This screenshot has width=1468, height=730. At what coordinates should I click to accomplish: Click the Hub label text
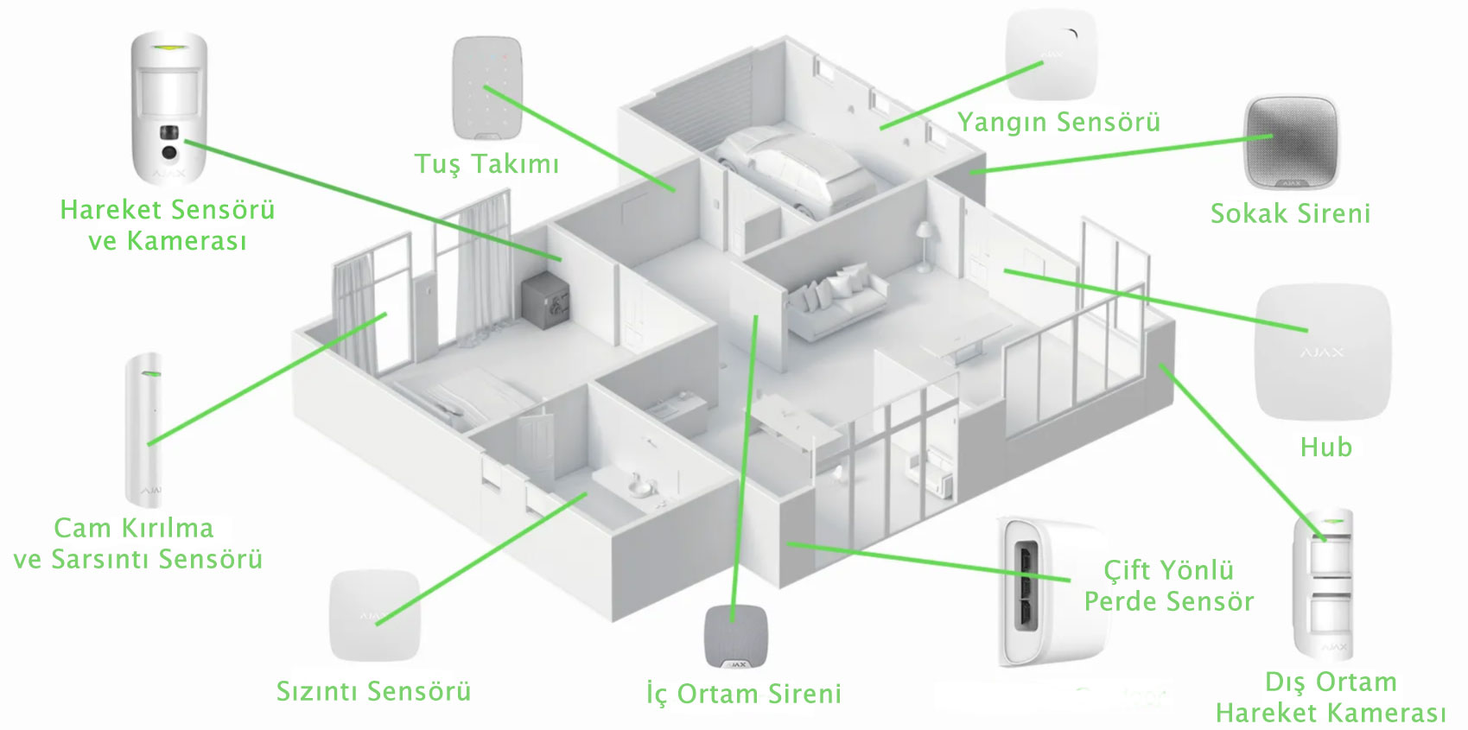pyautogui.click(x=1325, y=447)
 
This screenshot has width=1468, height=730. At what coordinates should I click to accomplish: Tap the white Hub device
pyautogui.click(x=1323, y=352)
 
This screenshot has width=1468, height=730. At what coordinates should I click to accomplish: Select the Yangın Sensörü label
pyautogui.click(x=1058, y=123)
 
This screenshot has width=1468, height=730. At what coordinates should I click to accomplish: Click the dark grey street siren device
pyautogui.click(x=1291, y=143)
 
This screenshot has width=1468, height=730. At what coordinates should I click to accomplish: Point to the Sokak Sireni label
pyautogui.click(x=1290, y=213)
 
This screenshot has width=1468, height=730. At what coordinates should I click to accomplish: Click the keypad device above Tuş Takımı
pyautogui.click(x=487, y=88)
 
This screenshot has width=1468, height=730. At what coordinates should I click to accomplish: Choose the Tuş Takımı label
pyautogui.click(x=486, y=164)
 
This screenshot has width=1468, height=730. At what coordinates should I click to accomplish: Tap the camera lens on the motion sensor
pyautogui.click(x=169, y=153)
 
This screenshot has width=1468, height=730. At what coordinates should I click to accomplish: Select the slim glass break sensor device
pyautogui.click(x=143, y=430)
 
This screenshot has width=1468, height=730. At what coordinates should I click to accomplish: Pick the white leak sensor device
pyautogui.click(x=374, y=615)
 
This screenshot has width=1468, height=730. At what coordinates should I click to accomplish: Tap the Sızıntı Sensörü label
pyautogui.click(x=373, y=691)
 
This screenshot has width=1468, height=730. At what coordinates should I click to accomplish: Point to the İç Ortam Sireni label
pyautogui.click(x=743, y=694)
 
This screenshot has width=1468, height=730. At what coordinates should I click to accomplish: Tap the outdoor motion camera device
pyautogui.click(x=1323, y=582)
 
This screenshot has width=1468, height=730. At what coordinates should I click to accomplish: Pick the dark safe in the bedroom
pyautogui.click(x=545, y=301)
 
